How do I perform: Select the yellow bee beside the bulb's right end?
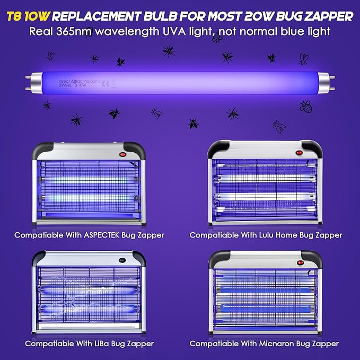click(305, 106)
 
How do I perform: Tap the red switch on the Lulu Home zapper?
click(300, 152)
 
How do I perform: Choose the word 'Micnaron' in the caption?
click(280, 344)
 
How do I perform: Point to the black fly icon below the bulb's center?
click(194, 124)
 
